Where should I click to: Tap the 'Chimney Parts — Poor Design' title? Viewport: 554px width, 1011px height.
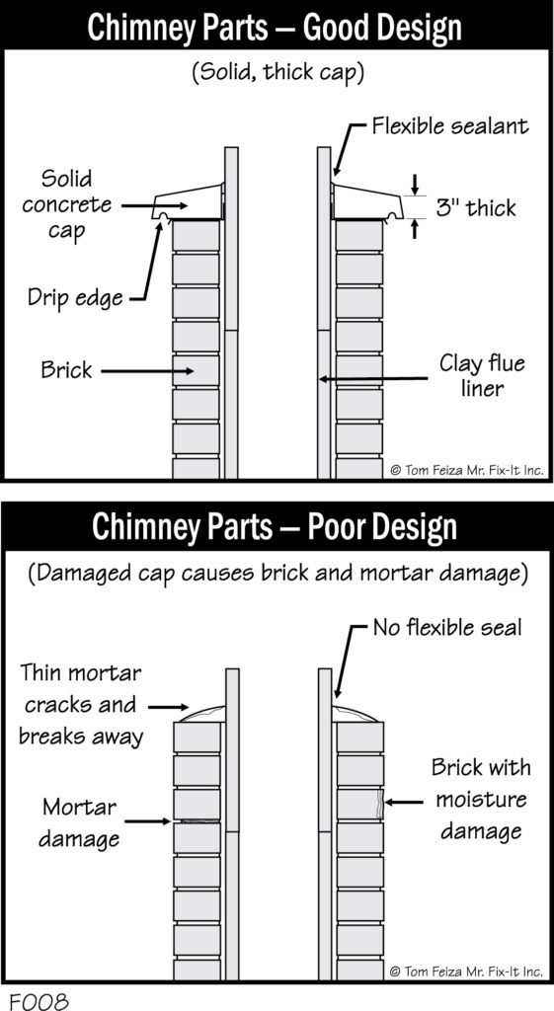click(275, 527)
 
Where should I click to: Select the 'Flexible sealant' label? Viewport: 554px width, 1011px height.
click(451, 125)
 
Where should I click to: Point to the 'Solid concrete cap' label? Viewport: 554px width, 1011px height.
click(67, 205)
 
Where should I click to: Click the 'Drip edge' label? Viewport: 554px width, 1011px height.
click(75, 297)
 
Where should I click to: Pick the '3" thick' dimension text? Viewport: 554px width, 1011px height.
click(476, 207)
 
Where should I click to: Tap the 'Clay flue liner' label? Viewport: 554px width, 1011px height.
click(482, 375)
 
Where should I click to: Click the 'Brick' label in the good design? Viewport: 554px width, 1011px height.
click(66, 370)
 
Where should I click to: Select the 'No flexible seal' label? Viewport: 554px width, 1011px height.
click(447, 627)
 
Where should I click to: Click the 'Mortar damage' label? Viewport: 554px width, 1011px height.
click(79, 822)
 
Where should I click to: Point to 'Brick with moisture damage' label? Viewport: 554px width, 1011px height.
click(481, 799)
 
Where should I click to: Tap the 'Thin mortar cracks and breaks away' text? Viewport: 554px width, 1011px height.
click(81, 705)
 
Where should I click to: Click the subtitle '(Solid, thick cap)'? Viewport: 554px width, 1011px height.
click(277, 72)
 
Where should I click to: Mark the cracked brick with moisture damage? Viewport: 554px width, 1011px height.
click(359, 804)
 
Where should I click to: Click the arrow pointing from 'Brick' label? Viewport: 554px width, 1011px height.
click(147, 371)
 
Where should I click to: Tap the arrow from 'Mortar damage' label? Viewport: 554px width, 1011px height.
click(147, 821)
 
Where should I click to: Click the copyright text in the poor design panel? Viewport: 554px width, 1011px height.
click(467, 970)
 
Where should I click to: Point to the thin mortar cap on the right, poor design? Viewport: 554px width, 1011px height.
click(355, 713)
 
